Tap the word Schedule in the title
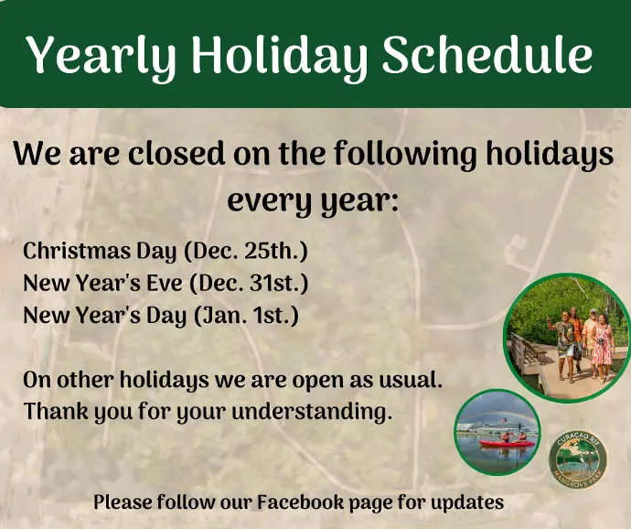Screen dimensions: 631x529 point(487,53)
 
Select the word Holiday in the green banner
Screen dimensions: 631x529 point(280,58)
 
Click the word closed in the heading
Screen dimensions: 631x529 point(176,154)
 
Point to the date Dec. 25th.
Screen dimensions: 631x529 point(246,251)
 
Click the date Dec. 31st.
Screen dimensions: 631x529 point(249,283)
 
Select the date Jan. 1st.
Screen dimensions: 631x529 point(247,315)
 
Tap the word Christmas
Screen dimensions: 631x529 point(77,250)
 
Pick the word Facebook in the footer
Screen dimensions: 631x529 point(300,502)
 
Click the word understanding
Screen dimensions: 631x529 point(312,412)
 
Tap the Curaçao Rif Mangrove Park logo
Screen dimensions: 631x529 point(578,459)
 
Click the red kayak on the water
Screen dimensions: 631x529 point(507,443)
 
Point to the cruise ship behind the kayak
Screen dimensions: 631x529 point(493,426)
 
